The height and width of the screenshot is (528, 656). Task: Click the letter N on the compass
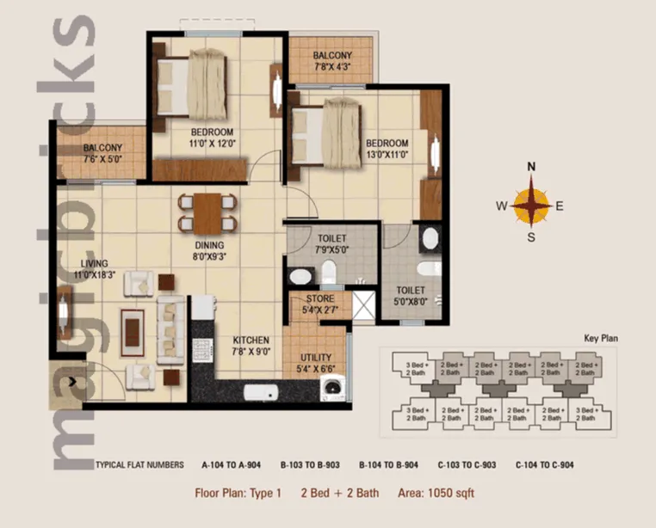pos(532,167)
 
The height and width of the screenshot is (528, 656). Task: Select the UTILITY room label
pos(316,358)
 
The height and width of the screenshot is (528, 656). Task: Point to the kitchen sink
pos(261,393)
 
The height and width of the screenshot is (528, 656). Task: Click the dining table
pos(207,212)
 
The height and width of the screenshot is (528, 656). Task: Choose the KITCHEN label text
pos(251,341)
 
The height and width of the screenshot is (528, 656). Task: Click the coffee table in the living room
pos(133,329)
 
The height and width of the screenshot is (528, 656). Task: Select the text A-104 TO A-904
pos(231,465)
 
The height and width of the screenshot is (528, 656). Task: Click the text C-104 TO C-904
pos(545,465)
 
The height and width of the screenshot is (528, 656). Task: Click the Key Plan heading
pos(602,339)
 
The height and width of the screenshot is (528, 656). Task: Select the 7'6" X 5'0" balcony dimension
pos(102,159)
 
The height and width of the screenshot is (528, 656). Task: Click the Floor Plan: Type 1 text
pos(238,494)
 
